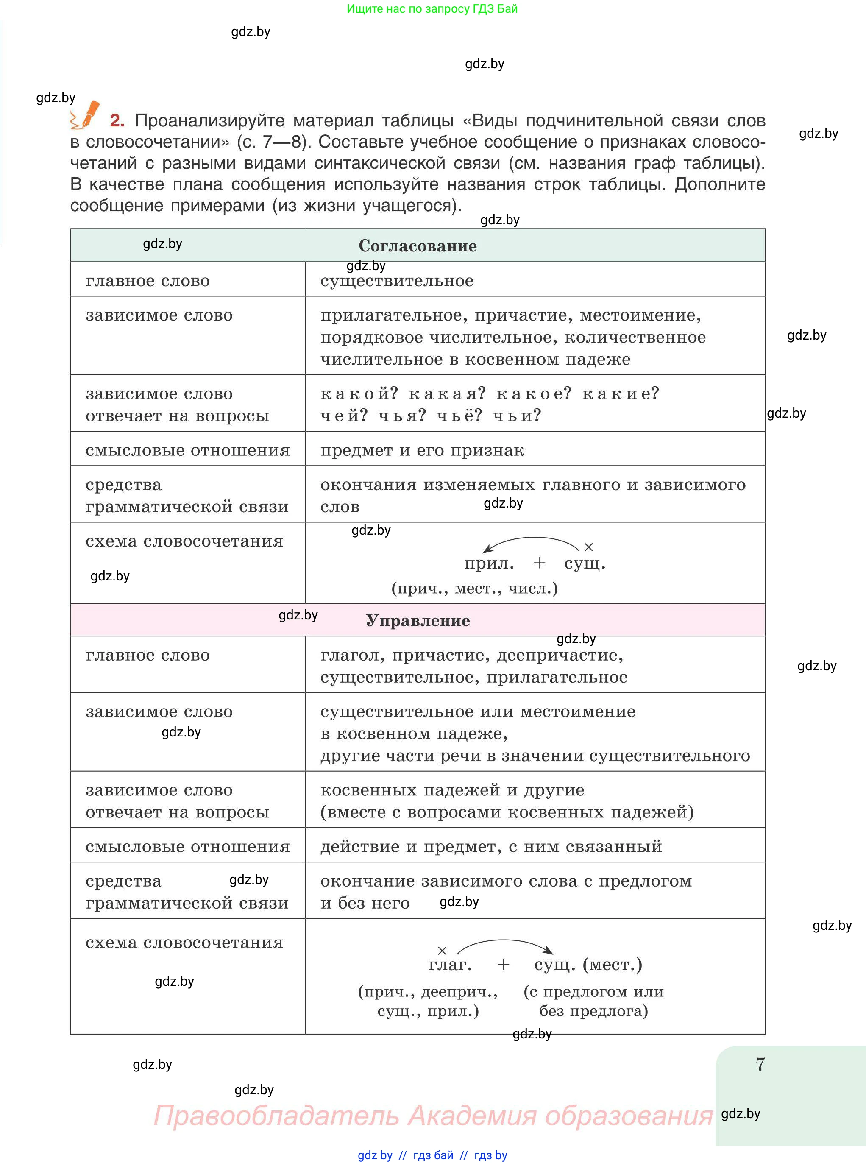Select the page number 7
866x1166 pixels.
(760, 1065)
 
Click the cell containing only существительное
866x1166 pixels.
(397, 281)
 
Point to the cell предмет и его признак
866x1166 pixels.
(422, 450)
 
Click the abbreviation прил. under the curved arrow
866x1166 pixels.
(489, 563)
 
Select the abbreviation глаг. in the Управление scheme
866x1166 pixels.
(450, 965)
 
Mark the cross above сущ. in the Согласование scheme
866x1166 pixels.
(588, 547)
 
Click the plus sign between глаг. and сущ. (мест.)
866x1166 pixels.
(503, 965)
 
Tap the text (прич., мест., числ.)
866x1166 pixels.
(474, 589)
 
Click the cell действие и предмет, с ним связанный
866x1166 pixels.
(491, 847)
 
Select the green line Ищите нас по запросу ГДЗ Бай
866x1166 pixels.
(432, 9)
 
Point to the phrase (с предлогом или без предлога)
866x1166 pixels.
(593, 1001)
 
